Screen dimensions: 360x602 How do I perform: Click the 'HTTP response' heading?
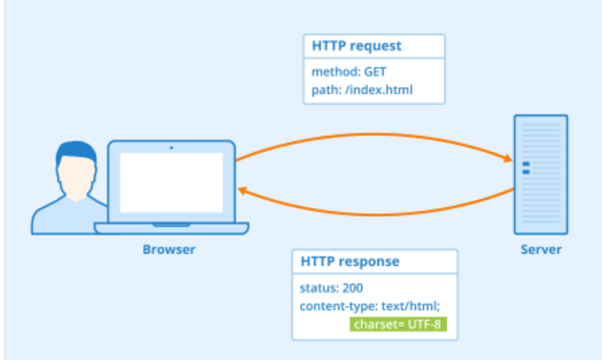point(349,261)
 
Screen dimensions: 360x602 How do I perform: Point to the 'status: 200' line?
point(331,289)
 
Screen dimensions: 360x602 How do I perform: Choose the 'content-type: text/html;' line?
point(362,306)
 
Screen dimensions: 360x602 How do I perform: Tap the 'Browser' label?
point(168,249)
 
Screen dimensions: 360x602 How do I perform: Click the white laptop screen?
point(171,182)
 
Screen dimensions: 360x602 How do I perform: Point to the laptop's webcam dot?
point(171,147)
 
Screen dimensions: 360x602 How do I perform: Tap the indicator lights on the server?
point(526,166)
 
